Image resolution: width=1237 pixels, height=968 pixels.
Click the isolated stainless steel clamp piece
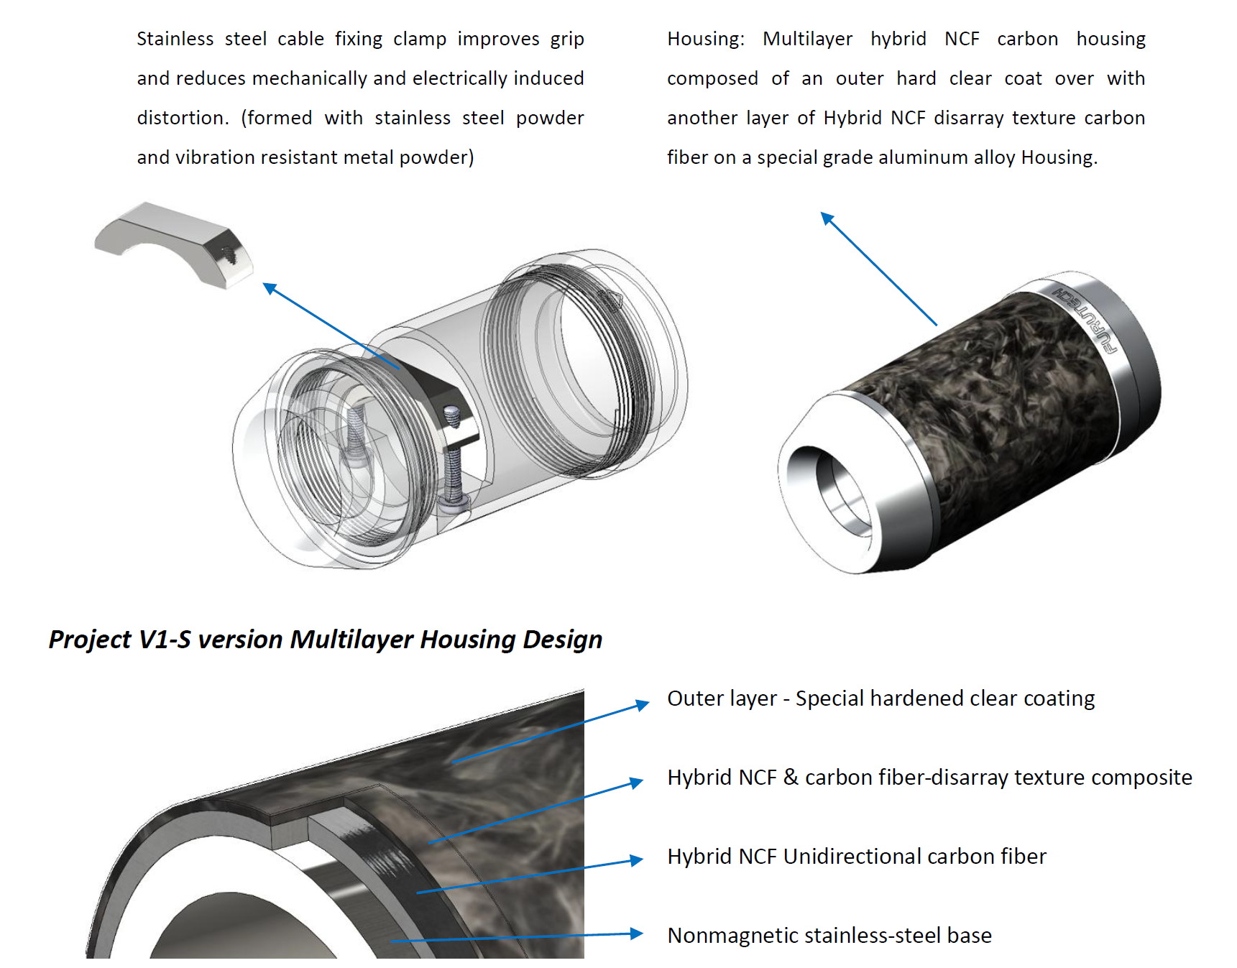point(173,241)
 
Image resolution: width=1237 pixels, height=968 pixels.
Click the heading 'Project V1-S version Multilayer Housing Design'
point(325,639)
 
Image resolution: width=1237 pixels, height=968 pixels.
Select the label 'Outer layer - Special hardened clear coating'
point(880,699)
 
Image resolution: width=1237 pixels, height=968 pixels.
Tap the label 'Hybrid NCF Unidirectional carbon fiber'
point(856,857)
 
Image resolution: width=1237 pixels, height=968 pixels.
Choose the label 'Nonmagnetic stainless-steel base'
point(829,936)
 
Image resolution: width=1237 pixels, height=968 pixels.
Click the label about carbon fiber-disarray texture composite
point(929,778)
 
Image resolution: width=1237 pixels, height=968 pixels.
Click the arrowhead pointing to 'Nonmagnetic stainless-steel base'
point(636,934)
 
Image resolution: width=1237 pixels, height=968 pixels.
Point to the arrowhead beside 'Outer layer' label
point(642,705)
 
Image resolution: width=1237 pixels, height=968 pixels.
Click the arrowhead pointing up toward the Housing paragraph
point(827,218)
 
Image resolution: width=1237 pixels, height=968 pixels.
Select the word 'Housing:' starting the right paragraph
point(705,39)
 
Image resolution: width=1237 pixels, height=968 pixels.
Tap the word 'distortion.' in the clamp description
point(183,118)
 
